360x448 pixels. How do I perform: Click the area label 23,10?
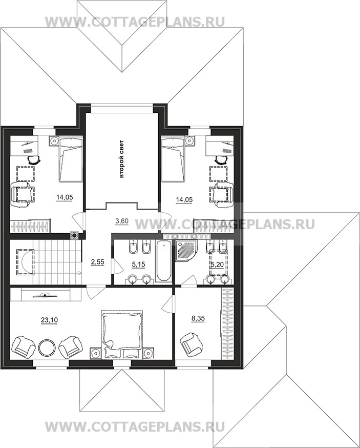pos(49,320)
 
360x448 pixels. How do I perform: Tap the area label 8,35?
pos(198,318)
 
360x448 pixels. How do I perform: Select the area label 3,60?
pos(122,221)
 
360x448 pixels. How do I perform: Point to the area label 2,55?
pos(97,261)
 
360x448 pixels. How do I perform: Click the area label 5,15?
pos(138,264)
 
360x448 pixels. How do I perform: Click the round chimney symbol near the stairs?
pos(75,236)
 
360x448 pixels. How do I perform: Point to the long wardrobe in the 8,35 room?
pos(228,324)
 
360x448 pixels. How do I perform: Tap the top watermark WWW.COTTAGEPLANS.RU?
pos(135,22)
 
